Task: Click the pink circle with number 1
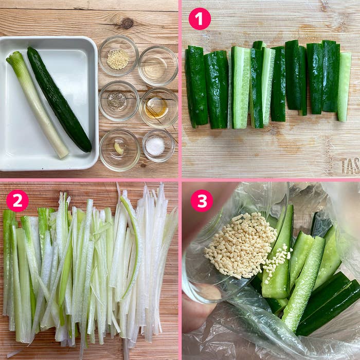200,19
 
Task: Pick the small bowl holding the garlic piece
119,149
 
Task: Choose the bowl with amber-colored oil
158,107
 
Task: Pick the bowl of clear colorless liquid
158,65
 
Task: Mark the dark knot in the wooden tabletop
127,23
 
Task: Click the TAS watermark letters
350,166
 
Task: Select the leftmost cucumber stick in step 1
196,86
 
